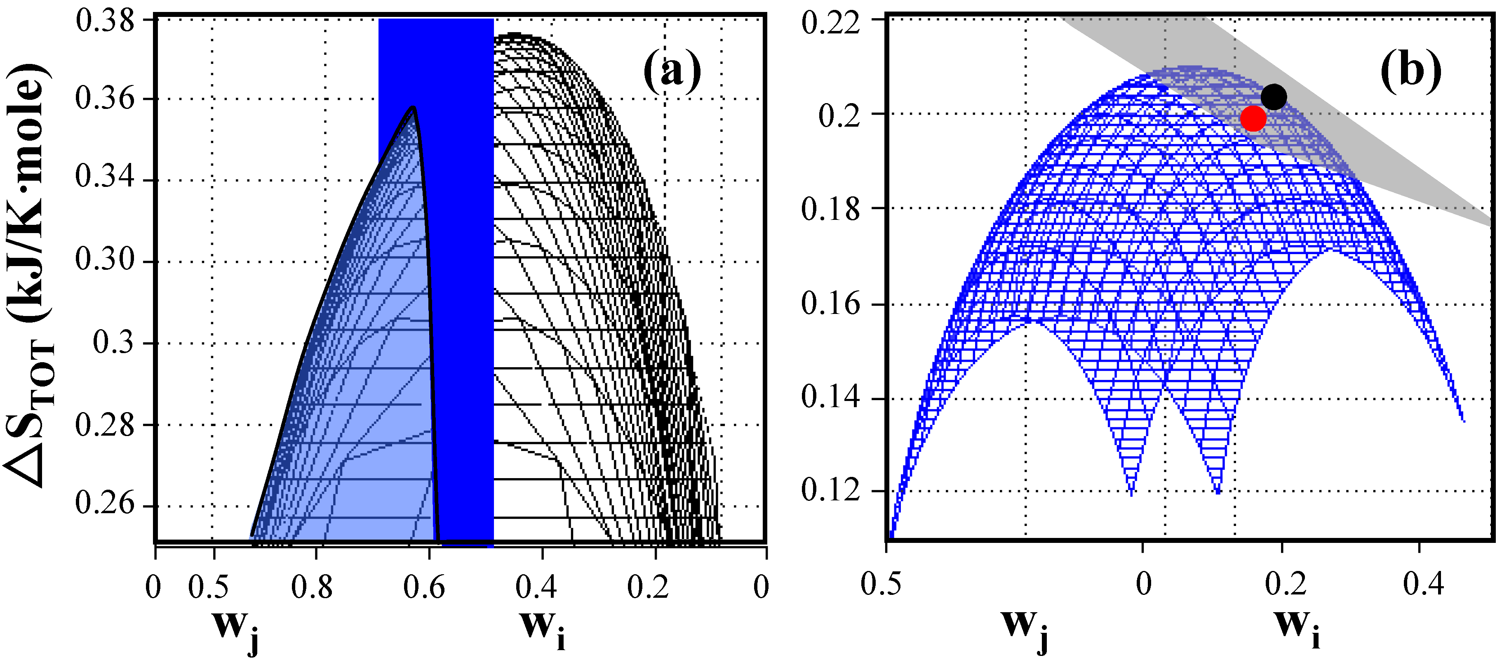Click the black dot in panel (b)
(x=1274, y=97)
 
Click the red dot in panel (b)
(x=1253, y=118)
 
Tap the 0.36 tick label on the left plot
(x=105, y=98)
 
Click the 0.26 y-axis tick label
(x=105, y=503)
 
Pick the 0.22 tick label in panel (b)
(x=830, y=24)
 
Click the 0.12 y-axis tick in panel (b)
(x=830, y=490)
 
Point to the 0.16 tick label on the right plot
(x=830, y=304)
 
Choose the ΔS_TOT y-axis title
(x=29, y=274)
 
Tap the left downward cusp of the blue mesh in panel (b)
(x=1132, y=495)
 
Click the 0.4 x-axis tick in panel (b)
(x=1423, y=584)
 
